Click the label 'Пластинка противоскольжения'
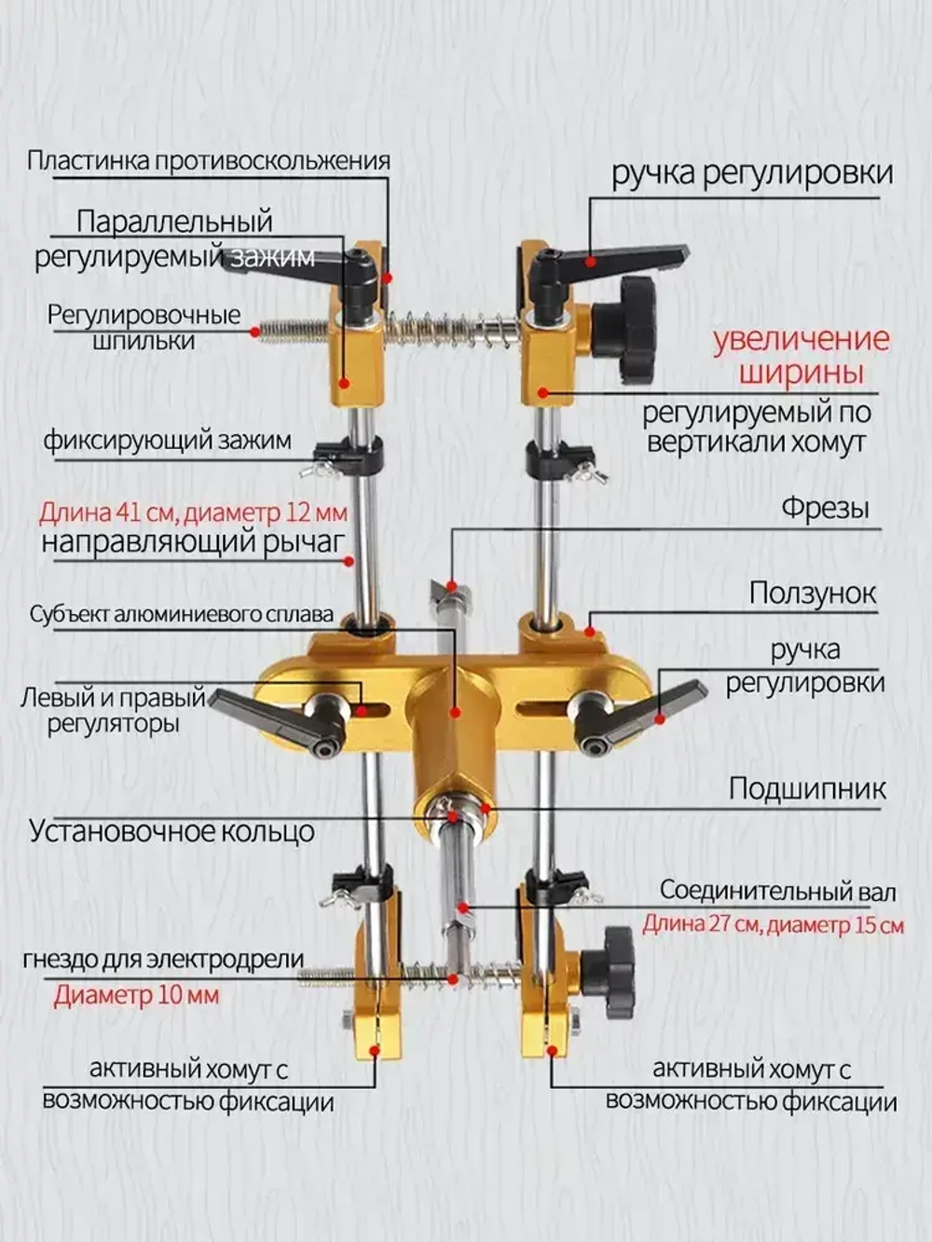[208, 160]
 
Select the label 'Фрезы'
[825, 508]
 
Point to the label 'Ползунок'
[813, 594]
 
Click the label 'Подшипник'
[807, 789]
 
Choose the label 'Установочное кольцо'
[171, 830]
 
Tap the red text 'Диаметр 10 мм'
[136, 995]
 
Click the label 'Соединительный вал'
[777, 891]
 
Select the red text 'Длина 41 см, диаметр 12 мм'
[193, 512]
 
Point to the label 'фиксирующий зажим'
[167, 440]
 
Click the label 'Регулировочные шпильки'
[144, 327]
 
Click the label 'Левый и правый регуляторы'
[113, 710]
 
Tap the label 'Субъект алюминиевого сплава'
[181, 615]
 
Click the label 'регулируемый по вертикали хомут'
[757, 426]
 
